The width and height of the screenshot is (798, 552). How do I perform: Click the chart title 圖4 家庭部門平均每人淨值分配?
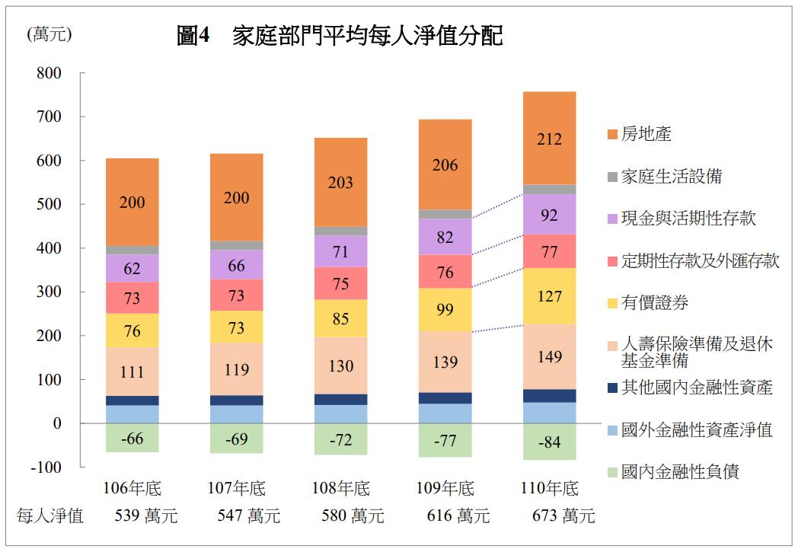(340, 36)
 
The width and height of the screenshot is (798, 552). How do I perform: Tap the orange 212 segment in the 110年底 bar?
(549, 139)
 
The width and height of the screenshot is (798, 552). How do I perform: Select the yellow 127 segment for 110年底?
(549, 296)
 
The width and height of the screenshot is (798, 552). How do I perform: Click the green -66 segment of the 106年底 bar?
(132, 438)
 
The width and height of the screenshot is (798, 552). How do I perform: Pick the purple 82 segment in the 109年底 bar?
(445, 237)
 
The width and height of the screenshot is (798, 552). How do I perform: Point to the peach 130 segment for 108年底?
(341, 365)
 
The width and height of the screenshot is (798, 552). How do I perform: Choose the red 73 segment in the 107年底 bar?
(237, 295)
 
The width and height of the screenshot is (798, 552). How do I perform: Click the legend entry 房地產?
(646, 135)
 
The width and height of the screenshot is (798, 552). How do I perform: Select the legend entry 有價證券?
(654, 303)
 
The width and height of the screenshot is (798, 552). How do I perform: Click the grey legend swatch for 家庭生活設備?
(612, 177)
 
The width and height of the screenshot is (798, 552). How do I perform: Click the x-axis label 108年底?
(341, 488)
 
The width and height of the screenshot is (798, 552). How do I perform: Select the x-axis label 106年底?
(132, 488)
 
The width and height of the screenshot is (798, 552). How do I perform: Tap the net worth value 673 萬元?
(563, 516)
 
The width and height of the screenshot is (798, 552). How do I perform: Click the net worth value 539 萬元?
(145, 516)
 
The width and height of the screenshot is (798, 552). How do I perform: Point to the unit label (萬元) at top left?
(49, 34)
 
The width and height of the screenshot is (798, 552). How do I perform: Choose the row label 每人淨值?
(50, 516)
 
